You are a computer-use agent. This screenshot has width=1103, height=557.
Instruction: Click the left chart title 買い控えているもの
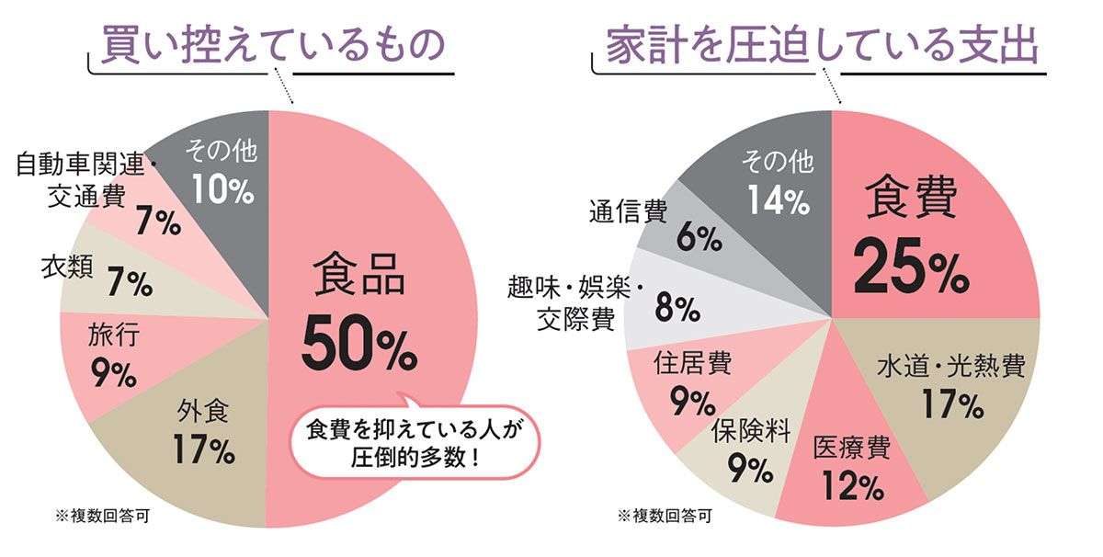273,44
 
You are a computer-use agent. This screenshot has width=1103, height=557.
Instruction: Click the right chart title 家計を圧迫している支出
822,44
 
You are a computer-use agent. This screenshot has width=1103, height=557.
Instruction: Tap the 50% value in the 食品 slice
358,342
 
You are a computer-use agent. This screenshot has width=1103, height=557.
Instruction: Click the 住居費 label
692,363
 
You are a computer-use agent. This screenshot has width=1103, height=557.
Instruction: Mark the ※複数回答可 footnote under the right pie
664,515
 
